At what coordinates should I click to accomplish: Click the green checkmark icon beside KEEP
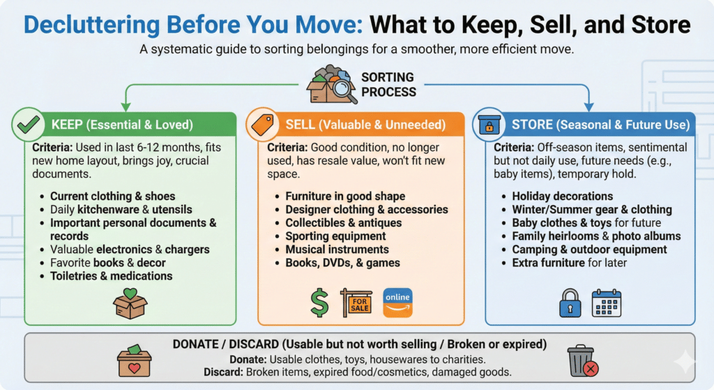coord(28,126)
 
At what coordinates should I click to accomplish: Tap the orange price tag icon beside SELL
coord(262,126)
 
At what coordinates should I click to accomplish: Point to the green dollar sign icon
coord(320,302)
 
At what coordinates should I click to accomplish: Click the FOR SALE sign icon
coord(357,302)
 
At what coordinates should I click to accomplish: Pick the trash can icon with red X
coord(581,361)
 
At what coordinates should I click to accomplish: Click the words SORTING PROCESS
coord(388,84)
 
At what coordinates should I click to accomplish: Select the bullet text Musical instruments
coord(337,249)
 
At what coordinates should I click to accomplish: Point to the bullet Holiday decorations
coord(562,196)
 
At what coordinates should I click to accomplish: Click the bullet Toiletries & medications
coord(111,276)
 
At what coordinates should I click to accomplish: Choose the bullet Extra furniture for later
coord(569,262)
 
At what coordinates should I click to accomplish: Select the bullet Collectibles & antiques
coord(343,223)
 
